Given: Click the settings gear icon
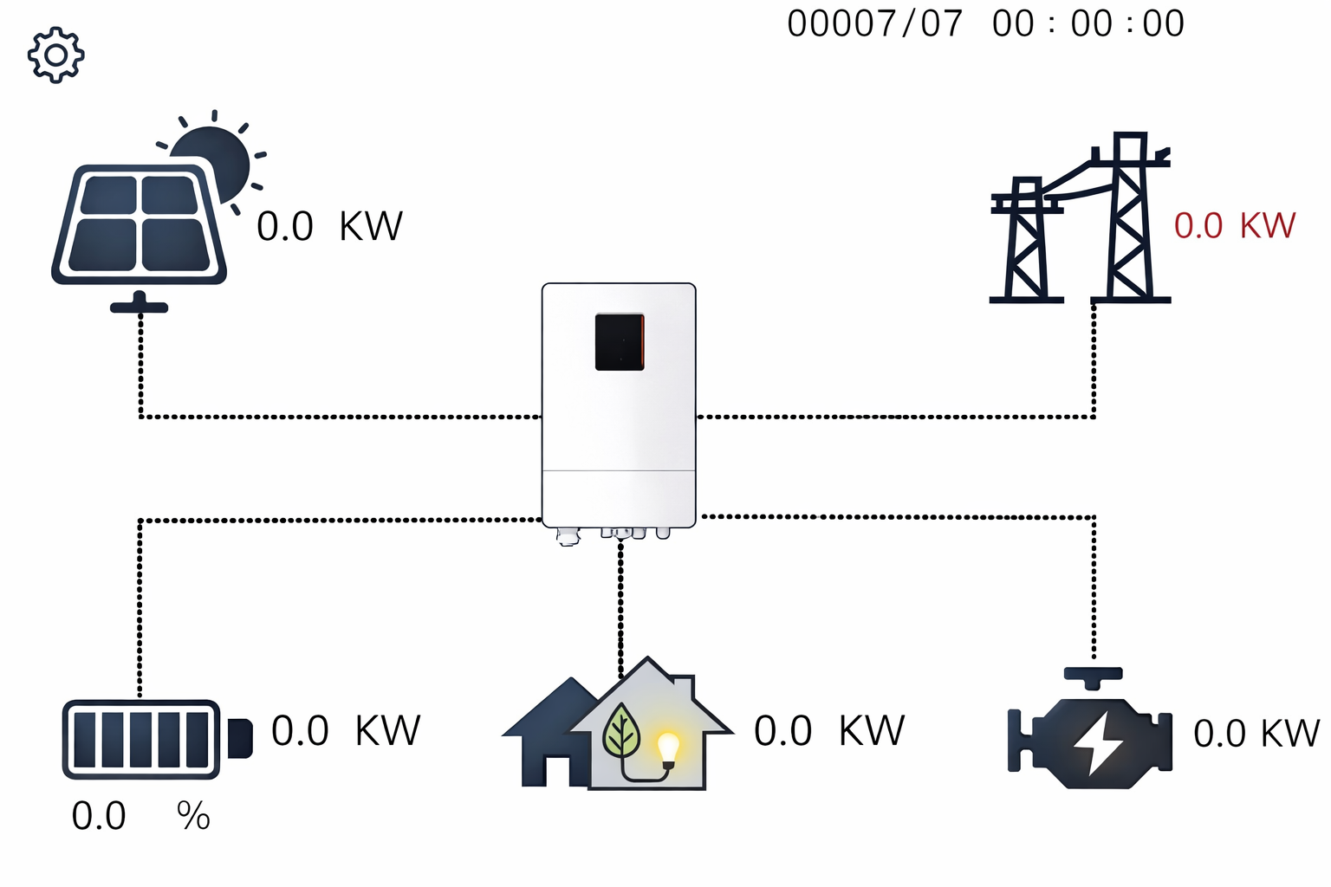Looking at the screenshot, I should point(55,55).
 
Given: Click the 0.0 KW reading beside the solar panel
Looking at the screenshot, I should point(329,227).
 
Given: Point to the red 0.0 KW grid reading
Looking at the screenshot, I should point(1234,226).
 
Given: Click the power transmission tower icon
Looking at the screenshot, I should point(1081,221).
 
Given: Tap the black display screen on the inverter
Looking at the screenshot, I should point(619,342).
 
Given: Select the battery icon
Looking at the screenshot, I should point(142,739).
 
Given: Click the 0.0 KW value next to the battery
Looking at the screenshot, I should point(345,731).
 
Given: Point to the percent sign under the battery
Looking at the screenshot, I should point(193,816).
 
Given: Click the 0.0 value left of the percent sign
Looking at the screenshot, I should point(99,816).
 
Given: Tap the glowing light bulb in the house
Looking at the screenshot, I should point(668,748).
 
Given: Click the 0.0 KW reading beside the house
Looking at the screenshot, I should point(828,731).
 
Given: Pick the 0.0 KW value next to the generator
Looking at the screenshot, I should point(1256,734).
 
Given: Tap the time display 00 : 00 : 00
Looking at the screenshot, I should point(1088,23).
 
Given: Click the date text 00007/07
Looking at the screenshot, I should point(874,23).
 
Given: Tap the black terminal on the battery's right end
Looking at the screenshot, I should point(240,738).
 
